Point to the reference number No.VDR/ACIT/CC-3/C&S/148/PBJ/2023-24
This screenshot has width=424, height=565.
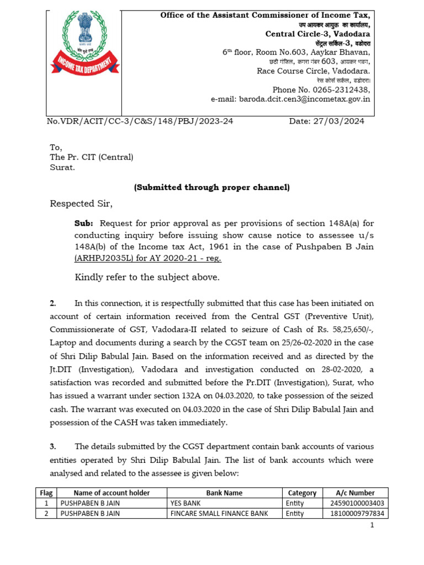click(x=139, y=122)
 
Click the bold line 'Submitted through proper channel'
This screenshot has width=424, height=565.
click(x=211, y=188)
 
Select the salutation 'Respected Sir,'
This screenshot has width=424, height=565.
click(x=81, y=204)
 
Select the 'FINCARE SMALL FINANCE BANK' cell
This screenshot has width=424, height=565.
click(x=220, y=514)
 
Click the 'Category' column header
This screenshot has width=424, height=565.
click(x=302, y=493)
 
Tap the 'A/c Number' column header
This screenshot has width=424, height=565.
click(x=355, y=493)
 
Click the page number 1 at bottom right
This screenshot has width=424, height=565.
click(x=373, y=526)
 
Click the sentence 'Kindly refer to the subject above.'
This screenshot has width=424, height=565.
click(x=147, y=277)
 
